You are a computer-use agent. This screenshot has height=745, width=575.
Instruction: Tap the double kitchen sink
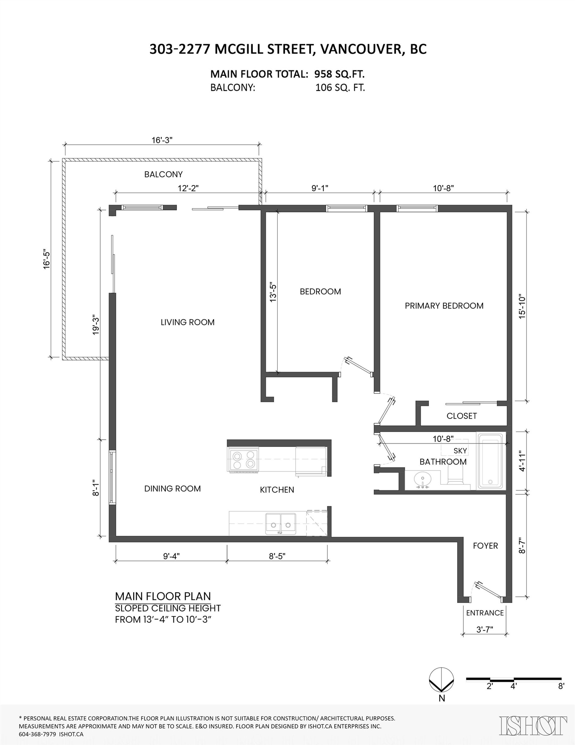click(281, 524)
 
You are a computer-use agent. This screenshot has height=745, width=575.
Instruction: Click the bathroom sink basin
click(423, 480)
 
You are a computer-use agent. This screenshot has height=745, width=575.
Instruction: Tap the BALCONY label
click(163, 174)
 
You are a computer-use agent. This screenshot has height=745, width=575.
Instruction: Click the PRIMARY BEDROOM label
click(444, 305)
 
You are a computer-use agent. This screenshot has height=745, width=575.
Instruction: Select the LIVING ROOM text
click(187, 322)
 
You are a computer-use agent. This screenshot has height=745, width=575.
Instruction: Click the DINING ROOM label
click(172, 488)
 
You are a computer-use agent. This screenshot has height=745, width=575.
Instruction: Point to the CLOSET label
click(461, 416)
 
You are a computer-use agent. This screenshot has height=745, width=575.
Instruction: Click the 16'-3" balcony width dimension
click(162, 140)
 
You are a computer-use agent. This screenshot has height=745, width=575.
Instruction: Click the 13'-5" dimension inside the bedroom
click(273, 292)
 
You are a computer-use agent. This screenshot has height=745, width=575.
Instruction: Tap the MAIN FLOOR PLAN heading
click(163, 596)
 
